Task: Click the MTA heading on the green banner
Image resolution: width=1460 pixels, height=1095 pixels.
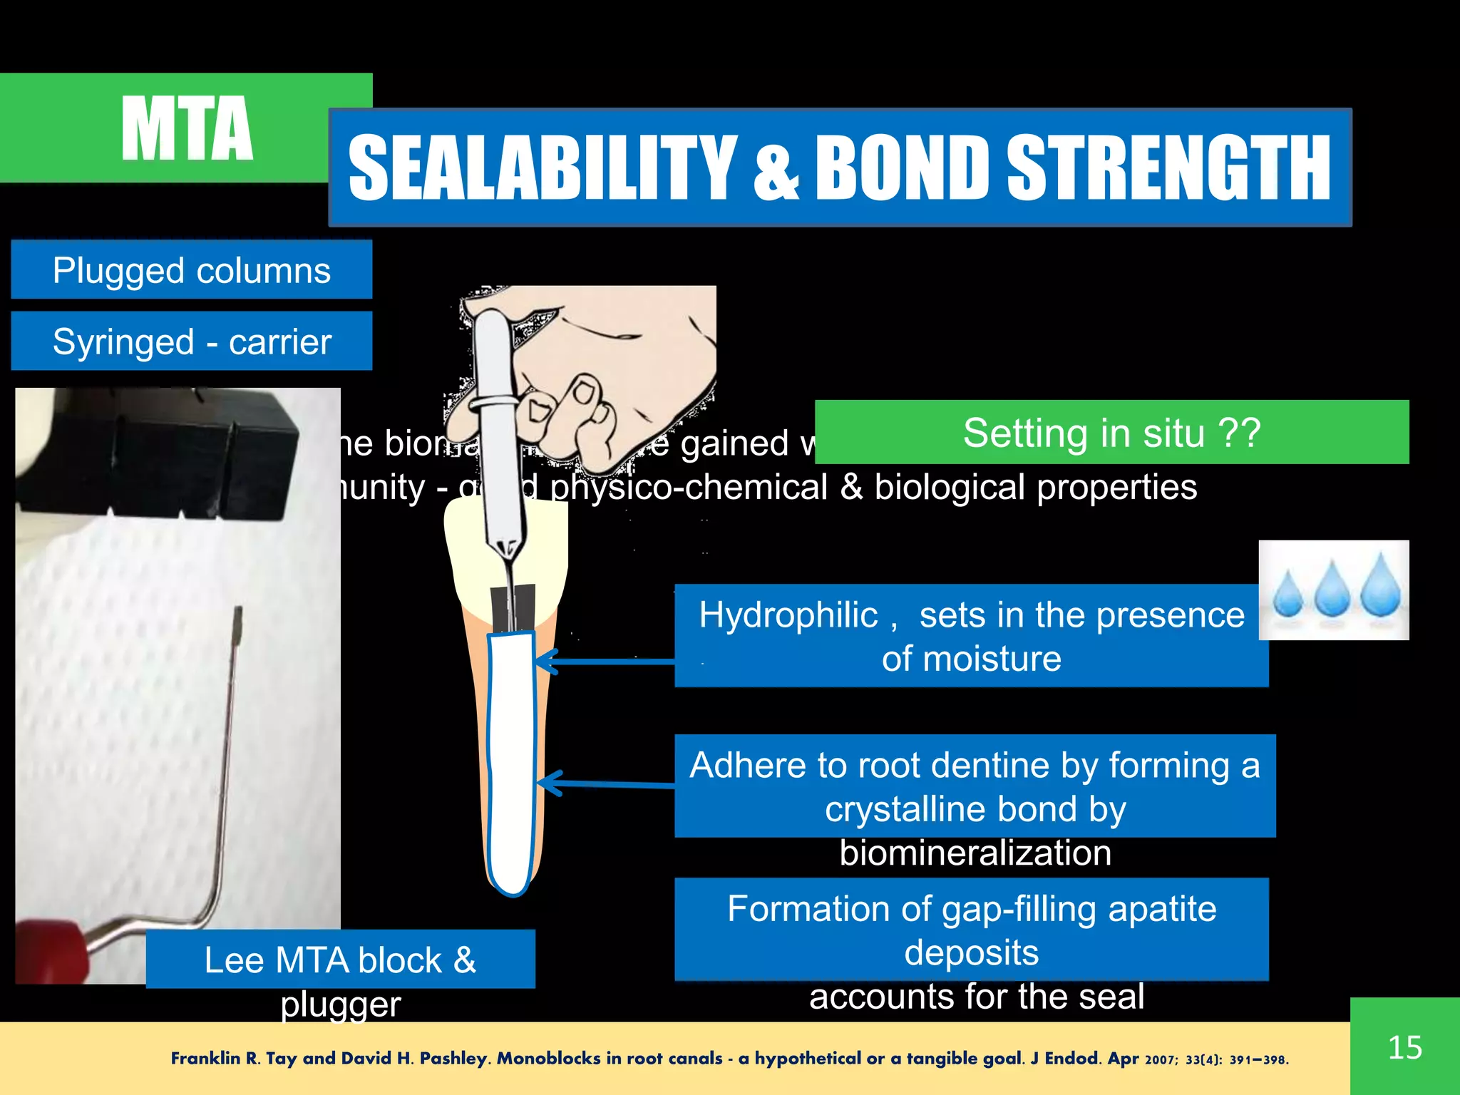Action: click(x=187, y=128)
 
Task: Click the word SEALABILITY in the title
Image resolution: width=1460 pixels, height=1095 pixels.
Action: click(x=542, y=168)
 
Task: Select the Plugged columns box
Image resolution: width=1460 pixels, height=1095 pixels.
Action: click(x=191, y=270)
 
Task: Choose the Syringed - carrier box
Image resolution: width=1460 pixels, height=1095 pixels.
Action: click(x=191, y=341)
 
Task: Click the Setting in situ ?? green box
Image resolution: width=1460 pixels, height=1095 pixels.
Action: click(x=1111, y=433)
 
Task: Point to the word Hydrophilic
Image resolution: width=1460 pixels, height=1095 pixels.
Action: click(x=788, y=615)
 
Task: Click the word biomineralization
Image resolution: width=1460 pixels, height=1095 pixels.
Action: click(x=975, y=853)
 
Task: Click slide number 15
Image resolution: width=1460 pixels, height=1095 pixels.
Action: click(x=1404, y=1047)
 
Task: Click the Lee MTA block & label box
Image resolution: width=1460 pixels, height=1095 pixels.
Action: click(x=340, y=959)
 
